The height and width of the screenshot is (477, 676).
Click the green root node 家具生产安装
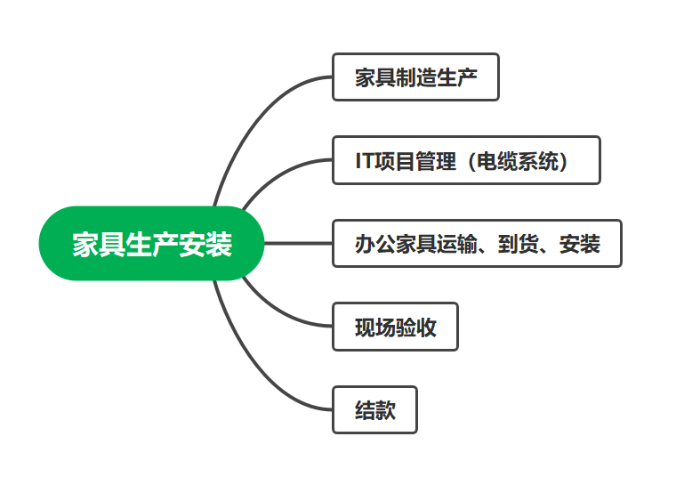152,243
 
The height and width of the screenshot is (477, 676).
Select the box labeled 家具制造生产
415,77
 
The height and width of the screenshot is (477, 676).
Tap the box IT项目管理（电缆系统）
466,160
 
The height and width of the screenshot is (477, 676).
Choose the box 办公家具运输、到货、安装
477,243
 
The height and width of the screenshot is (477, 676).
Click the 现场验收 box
395,327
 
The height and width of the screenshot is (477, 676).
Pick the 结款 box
374,410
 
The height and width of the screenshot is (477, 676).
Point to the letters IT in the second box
364,161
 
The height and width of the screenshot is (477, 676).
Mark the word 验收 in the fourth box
415,327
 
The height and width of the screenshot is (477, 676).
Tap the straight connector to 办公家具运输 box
298,243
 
